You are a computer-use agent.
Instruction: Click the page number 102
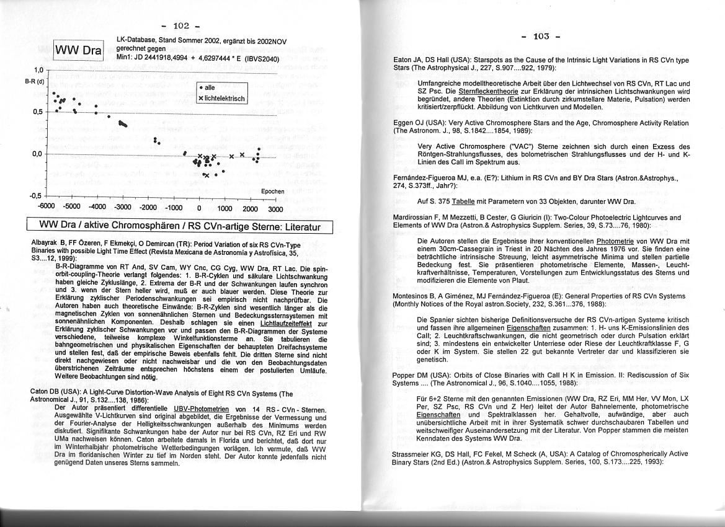coord(181,25)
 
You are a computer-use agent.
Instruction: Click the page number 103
coord(541,36)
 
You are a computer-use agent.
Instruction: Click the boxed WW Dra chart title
coord(78,50)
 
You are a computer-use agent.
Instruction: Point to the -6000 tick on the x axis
coord(47,208)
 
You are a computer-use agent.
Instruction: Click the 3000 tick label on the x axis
coord(275,209)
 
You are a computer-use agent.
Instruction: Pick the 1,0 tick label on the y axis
coord(38,70)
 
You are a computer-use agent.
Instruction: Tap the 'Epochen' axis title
coord(273,192)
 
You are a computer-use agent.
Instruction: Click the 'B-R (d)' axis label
coord(35,81)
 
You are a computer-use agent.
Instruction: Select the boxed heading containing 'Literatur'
coord(179,226)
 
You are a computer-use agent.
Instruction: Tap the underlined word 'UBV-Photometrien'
coord(201,409)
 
